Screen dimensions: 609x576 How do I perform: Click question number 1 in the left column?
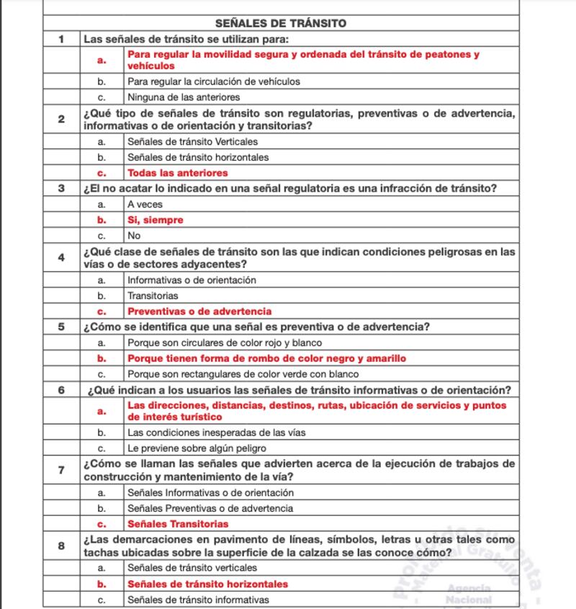(x=62, y=39)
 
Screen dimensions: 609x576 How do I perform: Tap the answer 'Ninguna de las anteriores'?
(x=184, y=97)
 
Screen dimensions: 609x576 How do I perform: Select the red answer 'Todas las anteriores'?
(x=177, y=173)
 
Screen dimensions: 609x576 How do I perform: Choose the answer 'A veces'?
(x=145, y=204)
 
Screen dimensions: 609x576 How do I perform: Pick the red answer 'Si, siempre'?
(x=155, y=220)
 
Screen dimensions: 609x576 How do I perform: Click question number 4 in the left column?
(x=62, y=257)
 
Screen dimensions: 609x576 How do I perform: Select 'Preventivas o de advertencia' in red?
(x=199, y=311)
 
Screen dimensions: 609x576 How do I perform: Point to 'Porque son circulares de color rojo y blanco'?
(x=225, y=342)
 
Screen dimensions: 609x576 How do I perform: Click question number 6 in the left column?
(x=62, y=390)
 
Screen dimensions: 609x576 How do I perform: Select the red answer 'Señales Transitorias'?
(x=178, y=524)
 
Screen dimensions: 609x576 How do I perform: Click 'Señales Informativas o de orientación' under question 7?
(x=210, y=492)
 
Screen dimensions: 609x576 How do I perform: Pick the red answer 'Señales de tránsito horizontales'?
(x=207, y=584)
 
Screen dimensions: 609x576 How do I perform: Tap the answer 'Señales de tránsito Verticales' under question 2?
(x=192, y=141)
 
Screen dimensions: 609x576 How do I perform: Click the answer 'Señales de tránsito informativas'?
(x=198, y=600)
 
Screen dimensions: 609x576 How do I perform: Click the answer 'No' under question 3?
(x=133, y=235)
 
